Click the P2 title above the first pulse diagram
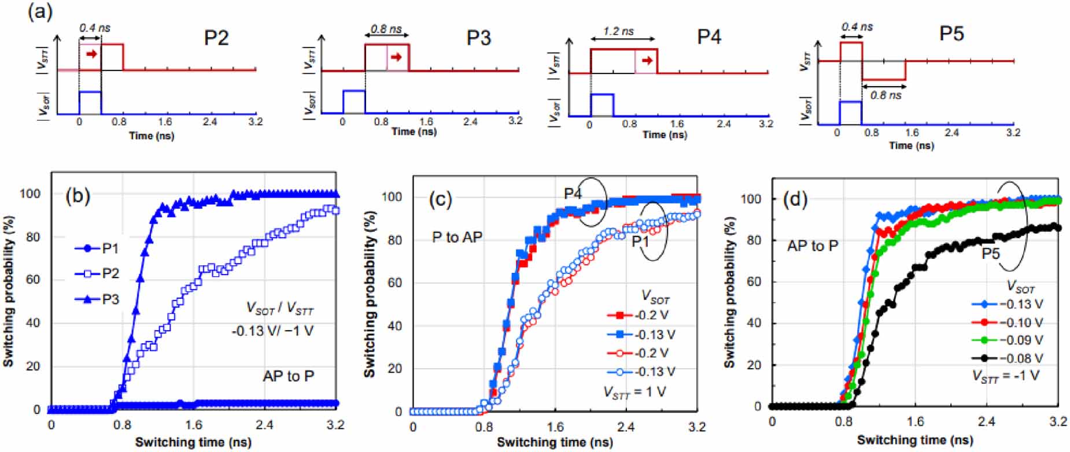(x=216, y=38)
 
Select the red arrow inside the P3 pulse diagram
(x=396, y=57)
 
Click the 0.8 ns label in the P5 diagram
(x=885, y=95)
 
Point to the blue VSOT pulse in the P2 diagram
(x=90, y=102)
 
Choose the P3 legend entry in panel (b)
(x=98, y=299)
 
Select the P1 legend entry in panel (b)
(x=98, y=249)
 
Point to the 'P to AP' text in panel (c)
(x=457, y=238)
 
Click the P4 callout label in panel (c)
(x=573, y=194)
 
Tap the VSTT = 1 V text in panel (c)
(x=635, y=392)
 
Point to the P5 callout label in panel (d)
(x=991, y=253)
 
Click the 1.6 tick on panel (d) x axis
(x=915, y=421)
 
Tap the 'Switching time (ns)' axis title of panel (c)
(x=555, y=443)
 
